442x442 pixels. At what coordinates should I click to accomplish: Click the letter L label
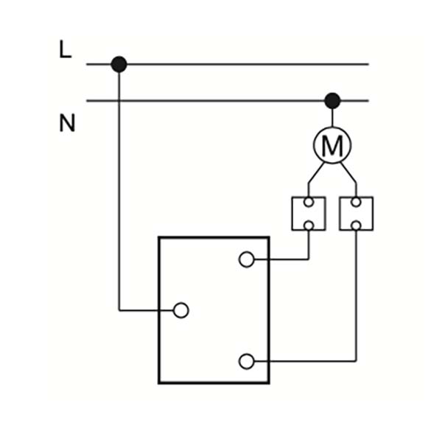click(x=66, y=51)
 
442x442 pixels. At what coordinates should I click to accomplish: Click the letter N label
click(x=67, y=123)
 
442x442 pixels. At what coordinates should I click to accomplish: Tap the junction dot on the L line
click(x=119, y=65)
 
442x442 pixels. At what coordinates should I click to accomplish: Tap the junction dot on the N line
click(x=332, y=100)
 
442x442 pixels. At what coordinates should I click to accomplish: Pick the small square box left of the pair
click(x=309, y=214)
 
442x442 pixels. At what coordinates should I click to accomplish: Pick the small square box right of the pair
click(x=356, y=214)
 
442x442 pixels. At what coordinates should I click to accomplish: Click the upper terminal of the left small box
click(x=309, y=202)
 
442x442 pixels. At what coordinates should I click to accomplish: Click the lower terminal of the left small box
click(x=309, y=225)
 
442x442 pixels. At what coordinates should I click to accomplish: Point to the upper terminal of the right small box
click(x=356, y=202)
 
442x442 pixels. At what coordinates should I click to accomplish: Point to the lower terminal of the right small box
click(x=356, y=225)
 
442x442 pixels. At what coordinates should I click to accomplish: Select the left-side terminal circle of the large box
click(x=181, y=310)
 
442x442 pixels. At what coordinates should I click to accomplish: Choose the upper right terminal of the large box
click(x=247, y=259)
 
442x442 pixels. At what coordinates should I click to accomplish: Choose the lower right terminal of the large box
click(x=247, y=361)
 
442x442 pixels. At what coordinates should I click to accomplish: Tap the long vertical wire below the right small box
click(x=356, y=295)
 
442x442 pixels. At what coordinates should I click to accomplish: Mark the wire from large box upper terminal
click(x=284, y=259)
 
